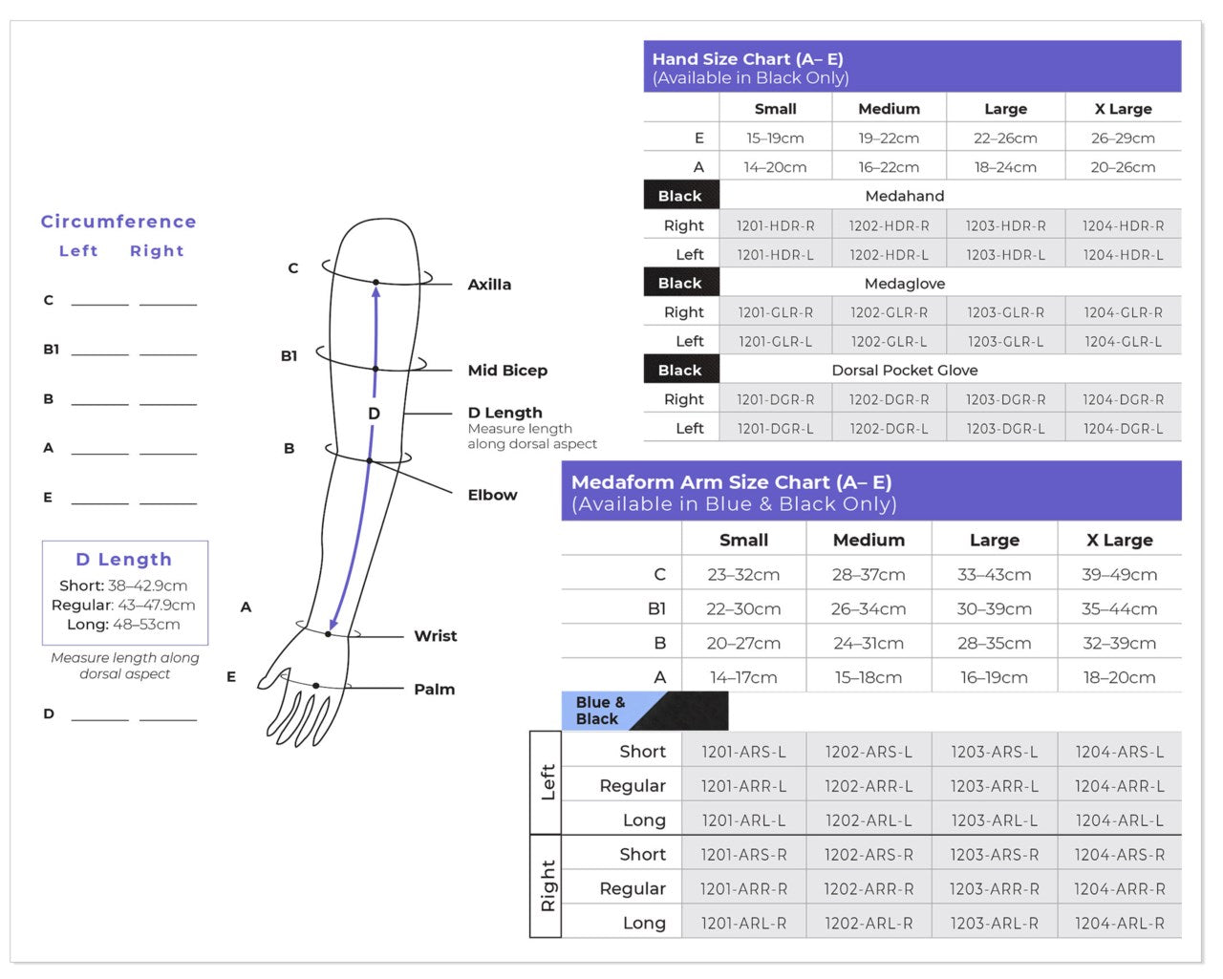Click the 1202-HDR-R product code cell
click(889, 225)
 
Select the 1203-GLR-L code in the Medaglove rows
click(1005, 341)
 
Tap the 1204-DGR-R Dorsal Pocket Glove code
click(1123, 399)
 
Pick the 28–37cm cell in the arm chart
click(869, 574)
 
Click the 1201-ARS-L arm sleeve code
click(743, 752)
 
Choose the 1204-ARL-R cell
click(1119, 923)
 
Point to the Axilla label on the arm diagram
click(489, 284)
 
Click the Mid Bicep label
click(507, 370)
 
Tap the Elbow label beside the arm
click(492, 495)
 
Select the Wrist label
click(435, 635)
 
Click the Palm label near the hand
click(434, 689)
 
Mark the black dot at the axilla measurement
click(375, 282)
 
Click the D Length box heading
click(124, 559)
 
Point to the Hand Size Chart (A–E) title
click(747, 58)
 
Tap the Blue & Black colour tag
click(600, 710)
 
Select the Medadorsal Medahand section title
click(904, 196)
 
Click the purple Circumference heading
click(118, 221)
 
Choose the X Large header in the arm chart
click(1119, 540)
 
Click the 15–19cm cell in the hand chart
click(775, 138)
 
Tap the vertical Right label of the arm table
click(547, 885)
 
